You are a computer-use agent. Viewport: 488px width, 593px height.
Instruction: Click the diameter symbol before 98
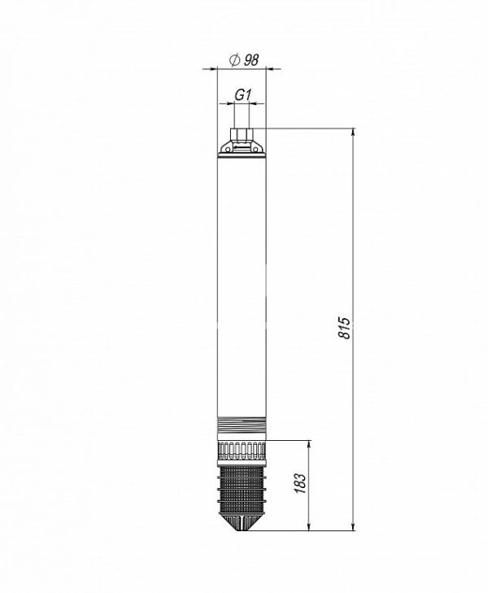pyautogui.click(x=234, y=60)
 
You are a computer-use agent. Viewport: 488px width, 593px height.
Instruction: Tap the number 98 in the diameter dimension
pyautogui.click(x=251, y=60)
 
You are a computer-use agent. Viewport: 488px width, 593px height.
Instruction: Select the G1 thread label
pyautogui.click(x=242, y=95)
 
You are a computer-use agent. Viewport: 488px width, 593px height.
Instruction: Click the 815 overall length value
pyautogui.click(x=344, y=328)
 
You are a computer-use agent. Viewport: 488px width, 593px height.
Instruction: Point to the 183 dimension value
pyautogui.click(x=299, y=483)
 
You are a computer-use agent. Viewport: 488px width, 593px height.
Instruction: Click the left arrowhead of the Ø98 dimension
pyautogui.click(x=214, y=68)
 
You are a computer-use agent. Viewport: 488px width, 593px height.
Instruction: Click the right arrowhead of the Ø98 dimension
pyautogui.click(x=270, y=68)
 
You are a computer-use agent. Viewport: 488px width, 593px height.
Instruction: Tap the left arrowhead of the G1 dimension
pyautogui.click(x=230, y=102)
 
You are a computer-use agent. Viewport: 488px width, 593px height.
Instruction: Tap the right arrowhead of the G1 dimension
pyautogui.click(x=254, y=102)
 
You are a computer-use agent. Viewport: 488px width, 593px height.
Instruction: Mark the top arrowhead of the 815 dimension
pyautogui.click(x=354, y=132)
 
